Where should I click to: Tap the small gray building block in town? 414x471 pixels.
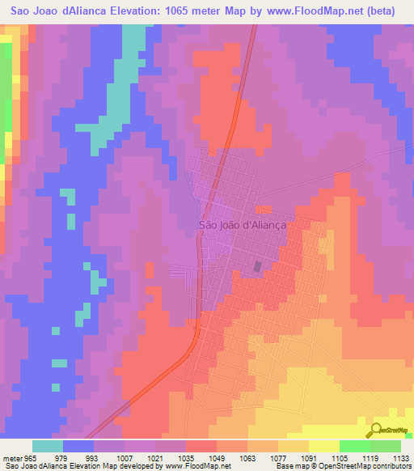click(x=258, y=266)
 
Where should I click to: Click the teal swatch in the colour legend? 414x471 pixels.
click(x=48, y=446)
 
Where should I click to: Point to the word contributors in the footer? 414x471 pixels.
click(x=391, y=466)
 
